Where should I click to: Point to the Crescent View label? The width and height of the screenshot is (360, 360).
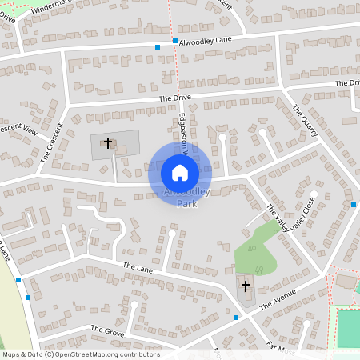(18, 129)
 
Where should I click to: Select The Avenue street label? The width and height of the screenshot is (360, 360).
(278, 302)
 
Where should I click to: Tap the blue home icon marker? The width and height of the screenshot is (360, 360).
(180, 172)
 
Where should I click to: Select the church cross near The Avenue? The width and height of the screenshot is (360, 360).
(245, 286)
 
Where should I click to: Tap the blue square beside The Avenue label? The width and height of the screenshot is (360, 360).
(236, 318)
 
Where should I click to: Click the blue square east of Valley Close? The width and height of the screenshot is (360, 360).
(353, 205)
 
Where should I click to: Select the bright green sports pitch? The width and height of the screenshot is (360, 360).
(348, 328)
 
